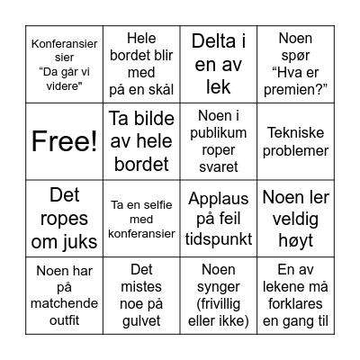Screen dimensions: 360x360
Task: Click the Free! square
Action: coord(64,141)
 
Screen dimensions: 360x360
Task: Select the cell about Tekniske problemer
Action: coord(295,141)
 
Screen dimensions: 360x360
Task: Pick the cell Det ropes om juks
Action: coord(64,219)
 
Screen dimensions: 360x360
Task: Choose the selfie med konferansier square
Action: coord(141,219)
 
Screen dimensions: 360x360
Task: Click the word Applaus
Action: coord(219,199)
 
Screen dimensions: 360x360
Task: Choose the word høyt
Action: coord(295,238)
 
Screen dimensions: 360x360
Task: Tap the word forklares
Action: coord(295,302)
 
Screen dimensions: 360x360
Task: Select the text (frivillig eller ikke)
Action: coord(219,310)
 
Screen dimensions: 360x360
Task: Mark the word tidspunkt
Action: coord(219,238)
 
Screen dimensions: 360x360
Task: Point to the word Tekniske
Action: coord(295,132)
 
